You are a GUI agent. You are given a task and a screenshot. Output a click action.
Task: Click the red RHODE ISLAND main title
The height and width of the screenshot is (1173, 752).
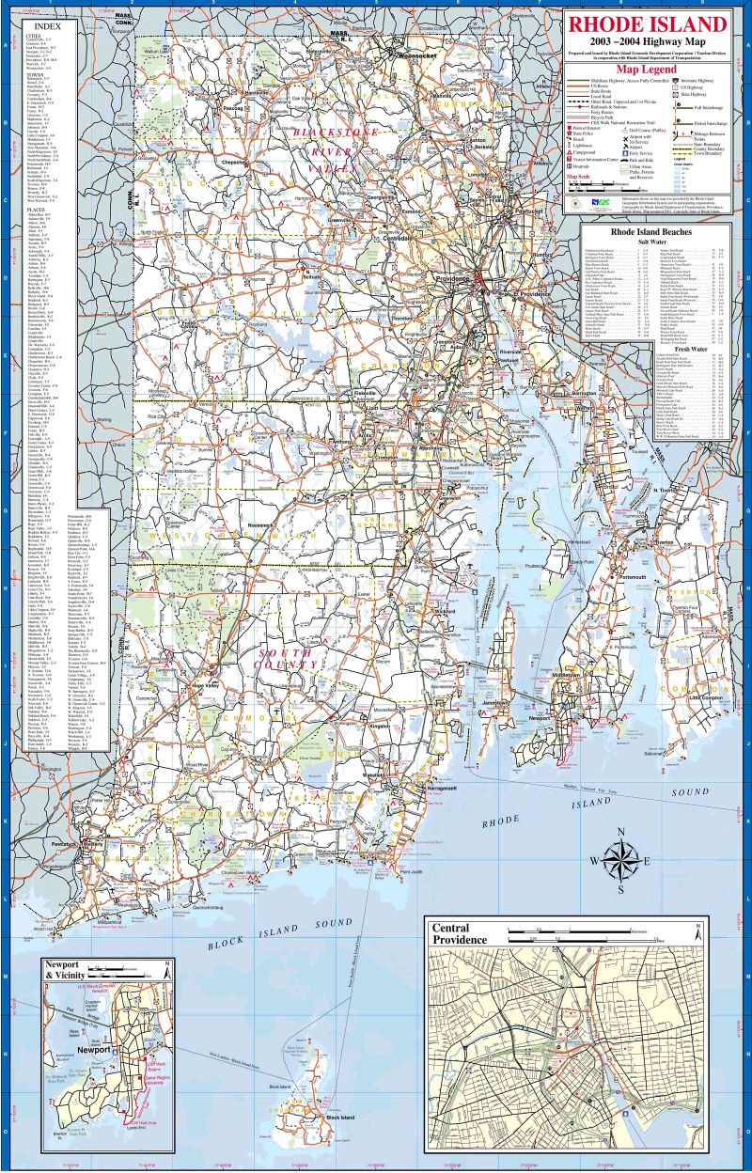click(x=647, y=24)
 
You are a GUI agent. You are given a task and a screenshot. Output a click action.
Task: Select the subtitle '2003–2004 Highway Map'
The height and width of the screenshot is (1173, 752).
click(x=647, y=42)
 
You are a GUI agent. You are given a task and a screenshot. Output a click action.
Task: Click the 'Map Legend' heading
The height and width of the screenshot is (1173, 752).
click(x=646, y=70)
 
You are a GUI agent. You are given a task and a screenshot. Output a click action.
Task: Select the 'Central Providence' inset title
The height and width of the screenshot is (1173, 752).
click(x=458, y=934)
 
